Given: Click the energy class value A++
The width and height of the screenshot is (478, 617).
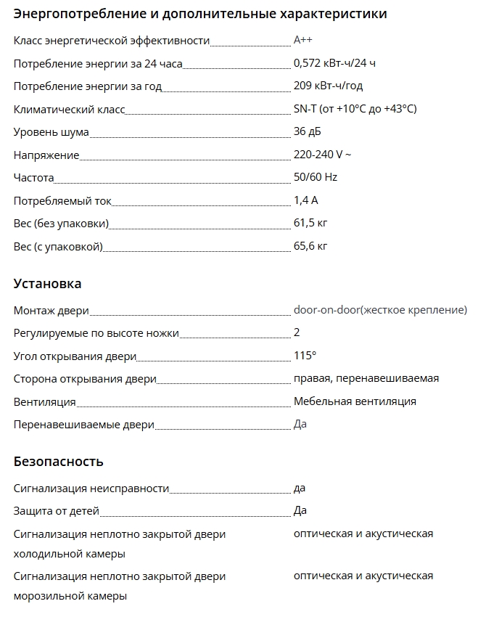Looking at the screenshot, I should tap(303, 41).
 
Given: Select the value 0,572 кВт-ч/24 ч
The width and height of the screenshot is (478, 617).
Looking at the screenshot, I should tap(334, 63).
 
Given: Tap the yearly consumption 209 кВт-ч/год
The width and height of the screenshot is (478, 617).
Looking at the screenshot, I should tap(328, 86).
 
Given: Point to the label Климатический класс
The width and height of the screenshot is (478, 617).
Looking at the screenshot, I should tap(70, 109).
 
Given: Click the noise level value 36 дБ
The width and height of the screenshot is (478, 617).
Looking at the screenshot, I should tap(307, 131).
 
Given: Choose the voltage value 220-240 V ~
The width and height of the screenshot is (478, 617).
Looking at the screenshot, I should tap(323, 155).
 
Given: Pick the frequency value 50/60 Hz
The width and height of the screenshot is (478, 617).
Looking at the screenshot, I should tap(316, 177).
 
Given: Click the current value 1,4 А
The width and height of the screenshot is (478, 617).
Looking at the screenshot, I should tap(305, 200).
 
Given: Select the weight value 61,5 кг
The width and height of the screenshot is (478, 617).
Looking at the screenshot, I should tap(310, 223).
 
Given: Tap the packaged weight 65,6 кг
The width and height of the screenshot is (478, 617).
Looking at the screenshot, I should tap(310, 246).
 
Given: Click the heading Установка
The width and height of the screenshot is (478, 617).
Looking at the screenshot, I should tap(47, 284).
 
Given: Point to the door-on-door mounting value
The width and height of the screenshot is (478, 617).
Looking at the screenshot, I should tap(380, 310).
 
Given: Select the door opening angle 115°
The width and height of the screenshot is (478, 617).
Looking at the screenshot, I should tap(305, 355).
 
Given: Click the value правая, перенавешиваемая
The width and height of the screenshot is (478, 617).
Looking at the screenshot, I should tap(366, 378).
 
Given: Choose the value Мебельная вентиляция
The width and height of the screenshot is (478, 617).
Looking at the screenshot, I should tap(355, 401).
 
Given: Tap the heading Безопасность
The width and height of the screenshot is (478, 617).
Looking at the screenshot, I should tap(58, 462).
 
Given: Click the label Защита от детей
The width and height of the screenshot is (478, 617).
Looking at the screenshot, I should tap(57, 511).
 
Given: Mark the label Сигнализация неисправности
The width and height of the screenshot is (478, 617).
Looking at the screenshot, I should tap(91, 489).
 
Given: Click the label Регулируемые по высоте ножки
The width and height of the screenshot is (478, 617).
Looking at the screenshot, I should tap(96, 333).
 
